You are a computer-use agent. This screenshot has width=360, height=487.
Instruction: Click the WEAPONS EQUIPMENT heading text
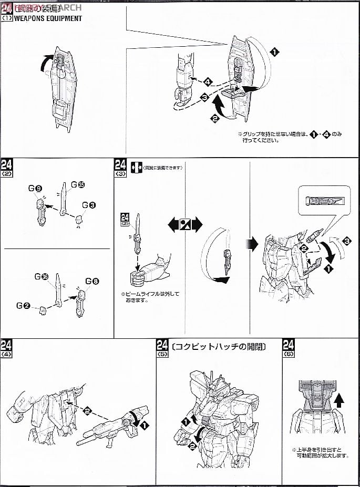pyautogui.click(x=48, y=18)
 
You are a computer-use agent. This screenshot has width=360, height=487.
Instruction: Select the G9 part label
pyautogui.click(x=35, y=188)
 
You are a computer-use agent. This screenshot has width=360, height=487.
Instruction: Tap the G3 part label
pyautogui.click(x=88, y=205)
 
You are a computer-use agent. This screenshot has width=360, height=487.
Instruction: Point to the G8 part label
pyautogui.click(x=92, y=281)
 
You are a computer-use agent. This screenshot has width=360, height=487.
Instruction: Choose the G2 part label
pyautogui.click(x=23, y=305)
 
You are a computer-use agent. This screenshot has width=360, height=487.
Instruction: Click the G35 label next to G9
pyautogui.click(x=78, y=184)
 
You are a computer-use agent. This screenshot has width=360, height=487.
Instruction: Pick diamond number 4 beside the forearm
pyautogui.click(x=208, y=82)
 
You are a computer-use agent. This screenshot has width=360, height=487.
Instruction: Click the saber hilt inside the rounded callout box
pyautogui.click(x=324, y=200)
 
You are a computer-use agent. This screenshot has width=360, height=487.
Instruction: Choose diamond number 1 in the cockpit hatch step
pyautogui.click(x=185, y=420)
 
